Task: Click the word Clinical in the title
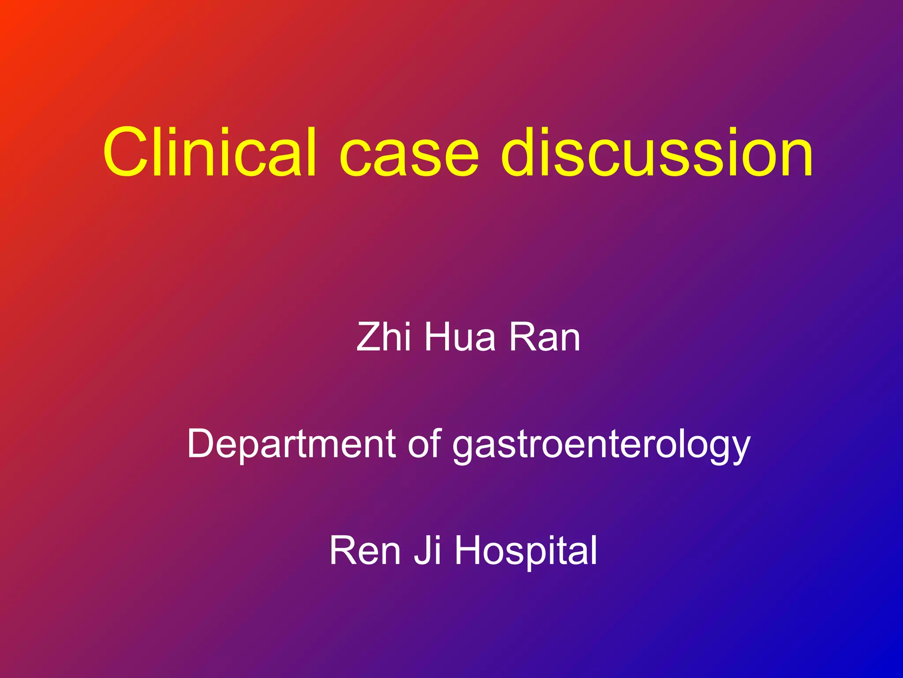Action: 210,152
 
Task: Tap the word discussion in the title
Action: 657,152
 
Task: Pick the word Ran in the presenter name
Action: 545,337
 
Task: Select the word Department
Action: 291,444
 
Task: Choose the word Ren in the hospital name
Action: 365,550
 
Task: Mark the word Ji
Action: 427,550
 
